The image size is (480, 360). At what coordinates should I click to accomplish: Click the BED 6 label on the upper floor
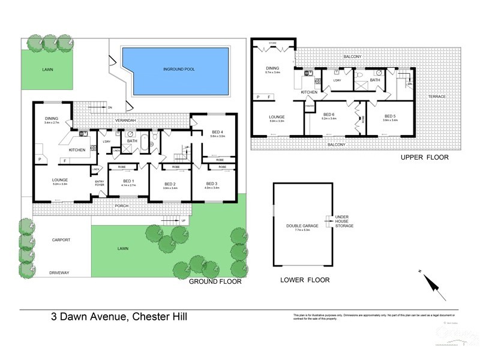329,115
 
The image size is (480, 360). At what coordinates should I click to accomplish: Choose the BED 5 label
390,116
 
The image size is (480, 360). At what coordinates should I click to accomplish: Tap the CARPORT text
61,240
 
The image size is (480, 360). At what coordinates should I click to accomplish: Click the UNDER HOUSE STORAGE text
344,221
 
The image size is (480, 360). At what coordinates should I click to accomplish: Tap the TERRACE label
436,97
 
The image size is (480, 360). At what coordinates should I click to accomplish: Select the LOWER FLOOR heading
305,280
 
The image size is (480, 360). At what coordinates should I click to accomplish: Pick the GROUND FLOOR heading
215,281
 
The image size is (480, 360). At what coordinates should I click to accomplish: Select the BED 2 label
170,184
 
